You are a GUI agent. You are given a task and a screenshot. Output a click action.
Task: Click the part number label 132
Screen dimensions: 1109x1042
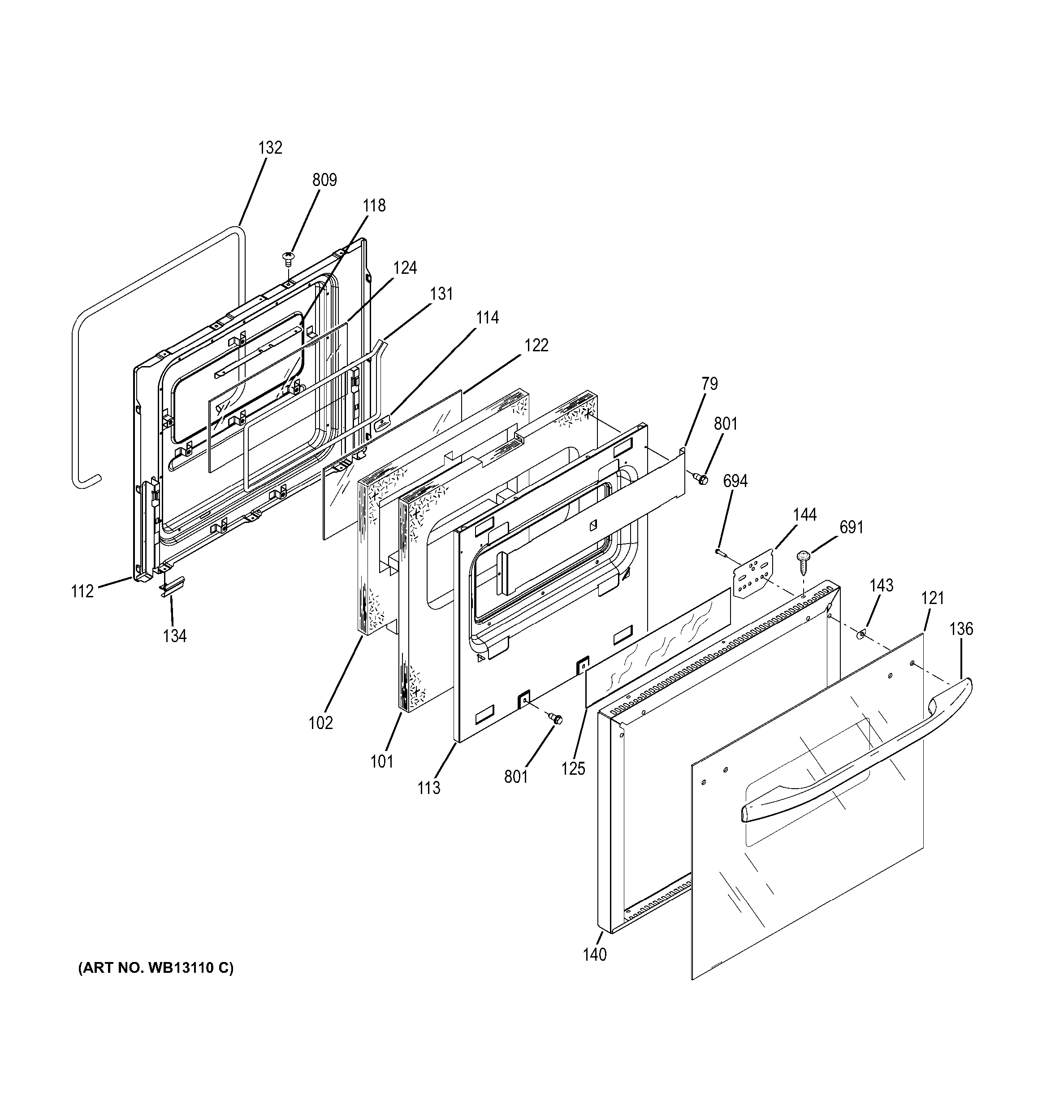click(x=270, y=148)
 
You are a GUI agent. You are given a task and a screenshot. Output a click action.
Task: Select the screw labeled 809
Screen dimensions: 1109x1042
click(x=288, y=257)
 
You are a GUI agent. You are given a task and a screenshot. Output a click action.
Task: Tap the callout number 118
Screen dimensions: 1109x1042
click(x=374, y=206)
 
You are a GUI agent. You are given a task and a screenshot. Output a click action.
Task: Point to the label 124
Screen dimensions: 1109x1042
click(x=405, y=268)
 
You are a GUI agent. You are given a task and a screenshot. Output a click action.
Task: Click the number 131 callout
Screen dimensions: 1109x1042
click(x=442, y=294)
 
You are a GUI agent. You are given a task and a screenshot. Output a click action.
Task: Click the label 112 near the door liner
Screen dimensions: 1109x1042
click(x=82, y=591)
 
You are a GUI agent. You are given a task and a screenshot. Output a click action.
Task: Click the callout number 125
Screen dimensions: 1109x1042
click(x=573, y=769)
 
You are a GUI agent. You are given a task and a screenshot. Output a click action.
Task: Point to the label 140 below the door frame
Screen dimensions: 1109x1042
click(x=595, y=955)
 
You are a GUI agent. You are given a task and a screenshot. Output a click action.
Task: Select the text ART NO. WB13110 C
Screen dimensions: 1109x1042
click(x=156, y=968)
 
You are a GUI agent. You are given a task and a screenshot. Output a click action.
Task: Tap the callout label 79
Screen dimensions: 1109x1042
click(x=709, y=384)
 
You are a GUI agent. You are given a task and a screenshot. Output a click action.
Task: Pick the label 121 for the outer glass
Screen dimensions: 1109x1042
click(x=932, y=599)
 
